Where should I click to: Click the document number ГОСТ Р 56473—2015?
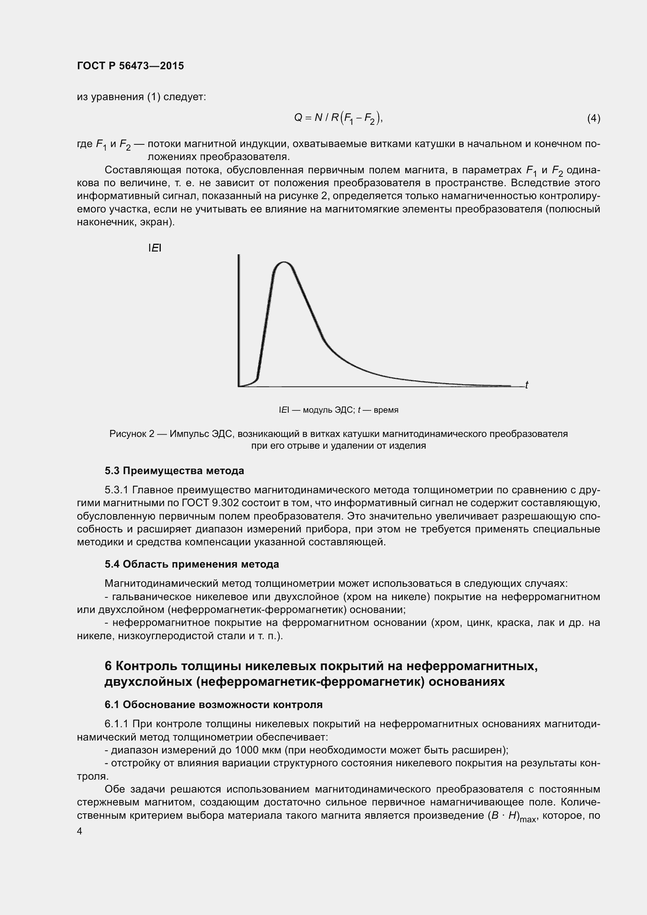[130, 66]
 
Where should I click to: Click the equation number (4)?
[594, 119]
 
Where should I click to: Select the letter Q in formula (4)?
[298, 117]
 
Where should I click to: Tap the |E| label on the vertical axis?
[155, 248]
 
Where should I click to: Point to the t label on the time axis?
[527, 385]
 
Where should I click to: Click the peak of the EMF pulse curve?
[284, 262]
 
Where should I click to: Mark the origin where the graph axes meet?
[239, 386]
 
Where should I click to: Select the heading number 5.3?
[112, 471]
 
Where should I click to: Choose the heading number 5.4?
[112, 564]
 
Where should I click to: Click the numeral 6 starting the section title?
[108, 665]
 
